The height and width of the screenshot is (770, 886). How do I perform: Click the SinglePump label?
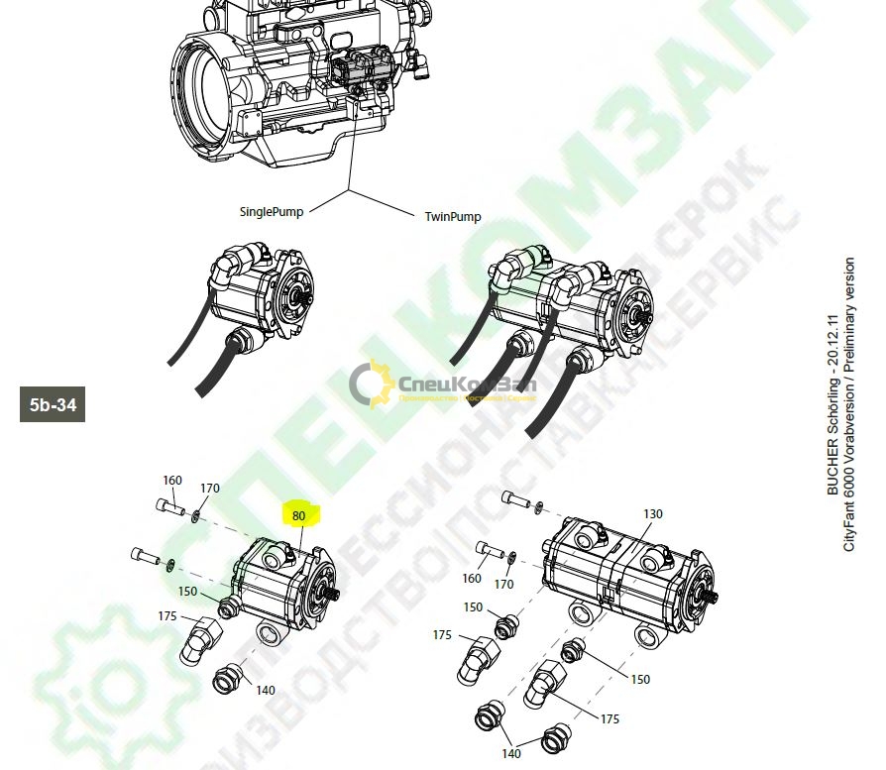point(272,211)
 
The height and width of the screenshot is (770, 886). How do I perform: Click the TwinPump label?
point(453,216)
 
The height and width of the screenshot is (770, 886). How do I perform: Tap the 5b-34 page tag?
point(52,404)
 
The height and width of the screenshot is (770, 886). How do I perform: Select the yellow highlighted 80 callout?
point(299,514)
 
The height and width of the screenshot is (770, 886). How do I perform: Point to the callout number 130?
point(652,513)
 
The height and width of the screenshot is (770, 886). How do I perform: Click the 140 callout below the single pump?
point(266,690)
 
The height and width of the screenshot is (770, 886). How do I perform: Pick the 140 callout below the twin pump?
point(510,753)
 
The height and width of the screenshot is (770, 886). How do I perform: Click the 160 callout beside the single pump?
point(172,481)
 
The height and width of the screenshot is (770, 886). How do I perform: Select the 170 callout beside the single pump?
point(210,489)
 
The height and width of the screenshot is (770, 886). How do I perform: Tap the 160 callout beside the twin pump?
point(472,579)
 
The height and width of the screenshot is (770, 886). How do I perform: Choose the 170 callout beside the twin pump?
point(504,584)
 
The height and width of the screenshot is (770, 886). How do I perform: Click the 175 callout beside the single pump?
point(167,616)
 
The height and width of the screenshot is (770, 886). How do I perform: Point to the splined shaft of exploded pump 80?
point(336,595)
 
